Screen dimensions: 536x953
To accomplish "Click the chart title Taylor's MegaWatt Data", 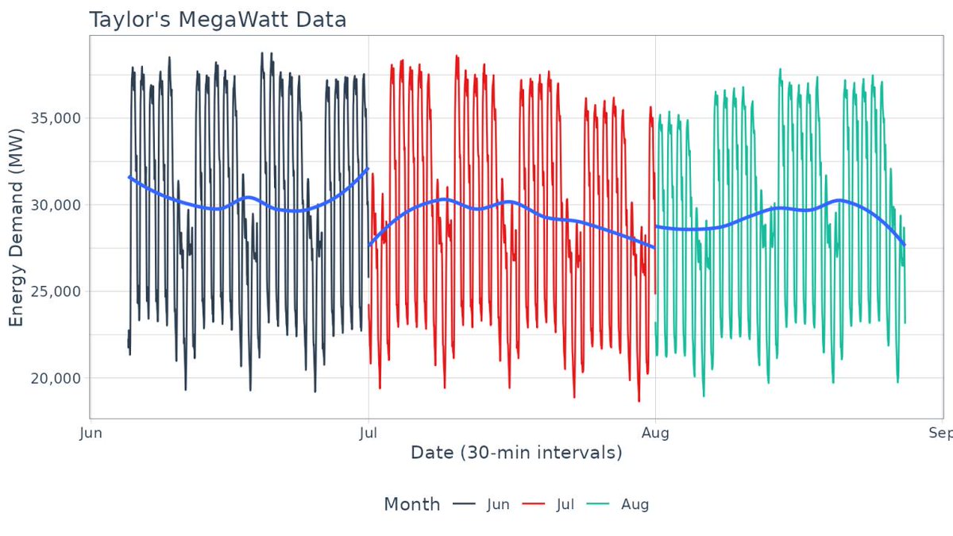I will click(218, 20).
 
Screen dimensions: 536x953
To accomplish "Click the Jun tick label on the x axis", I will click(91, 433).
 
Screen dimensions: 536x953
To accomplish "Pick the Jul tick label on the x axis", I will click(368, 433).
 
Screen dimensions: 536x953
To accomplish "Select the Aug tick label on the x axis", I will click(655, 433).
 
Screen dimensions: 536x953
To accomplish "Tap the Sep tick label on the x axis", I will click(941, 433).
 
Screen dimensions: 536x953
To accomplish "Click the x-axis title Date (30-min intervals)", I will click(516, 453).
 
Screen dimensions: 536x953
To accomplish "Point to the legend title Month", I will click(411, 504).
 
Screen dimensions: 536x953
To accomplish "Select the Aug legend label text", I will click(634, 505).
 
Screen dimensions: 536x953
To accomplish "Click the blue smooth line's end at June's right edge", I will click(368, 168).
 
